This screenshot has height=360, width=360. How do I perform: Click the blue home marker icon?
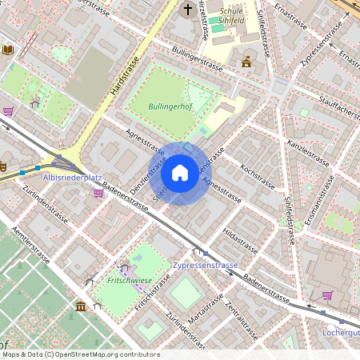pos(180,173)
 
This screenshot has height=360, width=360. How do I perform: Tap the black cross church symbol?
pos(188,10)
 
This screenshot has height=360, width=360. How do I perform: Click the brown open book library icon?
pos(8,50)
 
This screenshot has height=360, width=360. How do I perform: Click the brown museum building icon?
pos(80,306)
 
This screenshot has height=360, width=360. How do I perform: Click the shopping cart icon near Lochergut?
pos(326,295)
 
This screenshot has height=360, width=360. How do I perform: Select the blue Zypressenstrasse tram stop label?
pos(205,265)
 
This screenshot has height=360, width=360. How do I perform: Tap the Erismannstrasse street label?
pos(313,201)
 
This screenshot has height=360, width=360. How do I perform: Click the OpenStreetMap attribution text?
pos(81,354)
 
